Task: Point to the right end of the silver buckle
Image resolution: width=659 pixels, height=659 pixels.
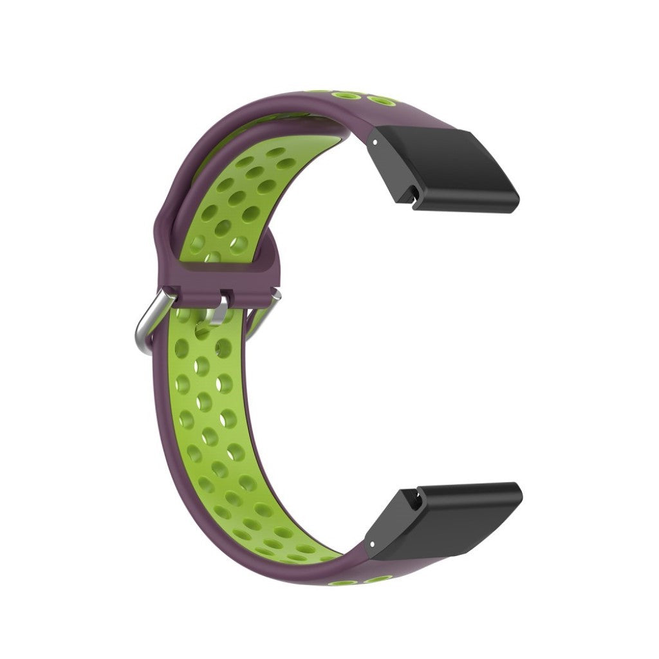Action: [275, 296]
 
